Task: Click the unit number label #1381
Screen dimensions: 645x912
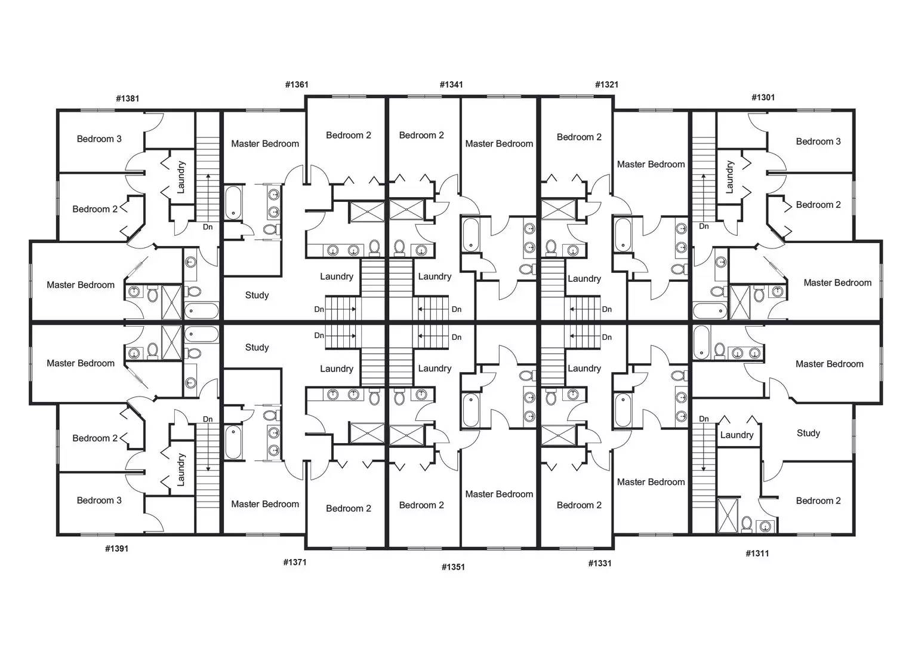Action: coord(127,99)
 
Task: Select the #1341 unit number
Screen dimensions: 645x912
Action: coord(451,85)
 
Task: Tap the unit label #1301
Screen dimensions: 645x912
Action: coord(763,97)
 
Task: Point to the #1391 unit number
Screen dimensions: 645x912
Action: coord(116,549)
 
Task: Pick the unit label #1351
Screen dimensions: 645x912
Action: coord(453,567)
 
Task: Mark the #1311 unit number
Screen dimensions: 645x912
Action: coord(757,554)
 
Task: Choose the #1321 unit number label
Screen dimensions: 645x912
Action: coord(606,85)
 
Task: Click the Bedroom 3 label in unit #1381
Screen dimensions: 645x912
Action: coord(99,139)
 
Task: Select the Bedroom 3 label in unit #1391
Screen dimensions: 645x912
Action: coord(99,500)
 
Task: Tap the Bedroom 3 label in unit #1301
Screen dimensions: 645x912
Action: coord(818,142)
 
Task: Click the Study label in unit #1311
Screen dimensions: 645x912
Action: coord(808,434)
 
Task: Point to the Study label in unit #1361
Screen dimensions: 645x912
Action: coord(257,296)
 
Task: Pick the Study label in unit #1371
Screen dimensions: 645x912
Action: coord(257,348)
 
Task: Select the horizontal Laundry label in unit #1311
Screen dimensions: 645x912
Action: coord(737,435)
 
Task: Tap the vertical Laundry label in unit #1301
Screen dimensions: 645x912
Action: coord(729,177)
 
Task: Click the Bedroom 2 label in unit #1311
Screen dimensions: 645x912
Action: coord(818,501)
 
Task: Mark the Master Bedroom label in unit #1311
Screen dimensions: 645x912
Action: coord(829,364)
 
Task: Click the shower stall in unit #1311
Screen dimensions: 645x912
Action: coord(728,514)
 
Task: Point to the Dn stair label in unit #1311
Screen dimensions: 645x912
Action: coord(704,419)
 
